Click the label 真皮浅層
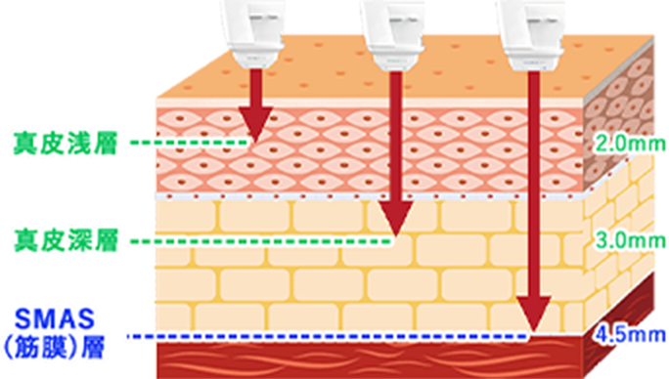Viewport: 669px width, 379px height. (66, 144)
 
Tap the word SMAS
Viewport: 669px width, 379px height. (54, 318)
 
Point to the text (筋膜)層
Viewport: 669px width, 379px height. (54, 348)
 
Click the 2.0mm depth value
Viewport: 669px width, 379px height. (630, 144)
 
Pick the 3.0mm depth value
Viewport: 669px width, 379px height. (630, 240)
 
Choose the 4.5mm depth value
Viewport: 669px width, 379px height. (630, 335)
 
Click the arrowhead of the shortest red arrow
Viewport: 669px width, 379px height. (255, 124)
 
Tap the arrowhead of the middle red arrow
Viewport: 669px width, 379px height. (396, 219)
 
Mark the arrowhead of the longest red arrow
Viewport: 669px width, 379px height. (533, 315)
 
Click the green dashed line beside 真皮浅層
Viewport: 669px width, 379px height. (189, 143)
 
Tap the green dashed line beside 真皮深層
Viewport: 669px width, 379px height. (261, 241)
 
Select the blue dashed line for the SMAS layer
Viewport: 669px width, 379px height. (328, 336)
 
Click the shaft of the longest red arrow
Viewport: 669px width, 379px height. (533, 185)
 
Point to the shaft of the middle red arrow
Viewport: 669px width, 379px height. (396, 137)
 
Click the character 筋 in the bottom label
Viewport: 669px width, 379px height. (28, 348)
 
